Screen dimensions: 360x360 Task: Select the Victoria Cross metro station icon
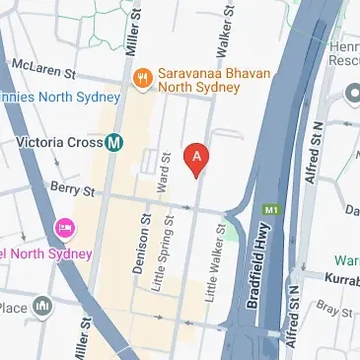point(115,142)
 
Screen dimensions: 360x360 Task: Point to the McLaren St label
point(43,68)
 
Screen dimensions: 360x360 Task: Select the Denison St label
point(145,239)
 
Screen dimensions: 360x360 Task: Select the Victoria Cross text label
point(59,142)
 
